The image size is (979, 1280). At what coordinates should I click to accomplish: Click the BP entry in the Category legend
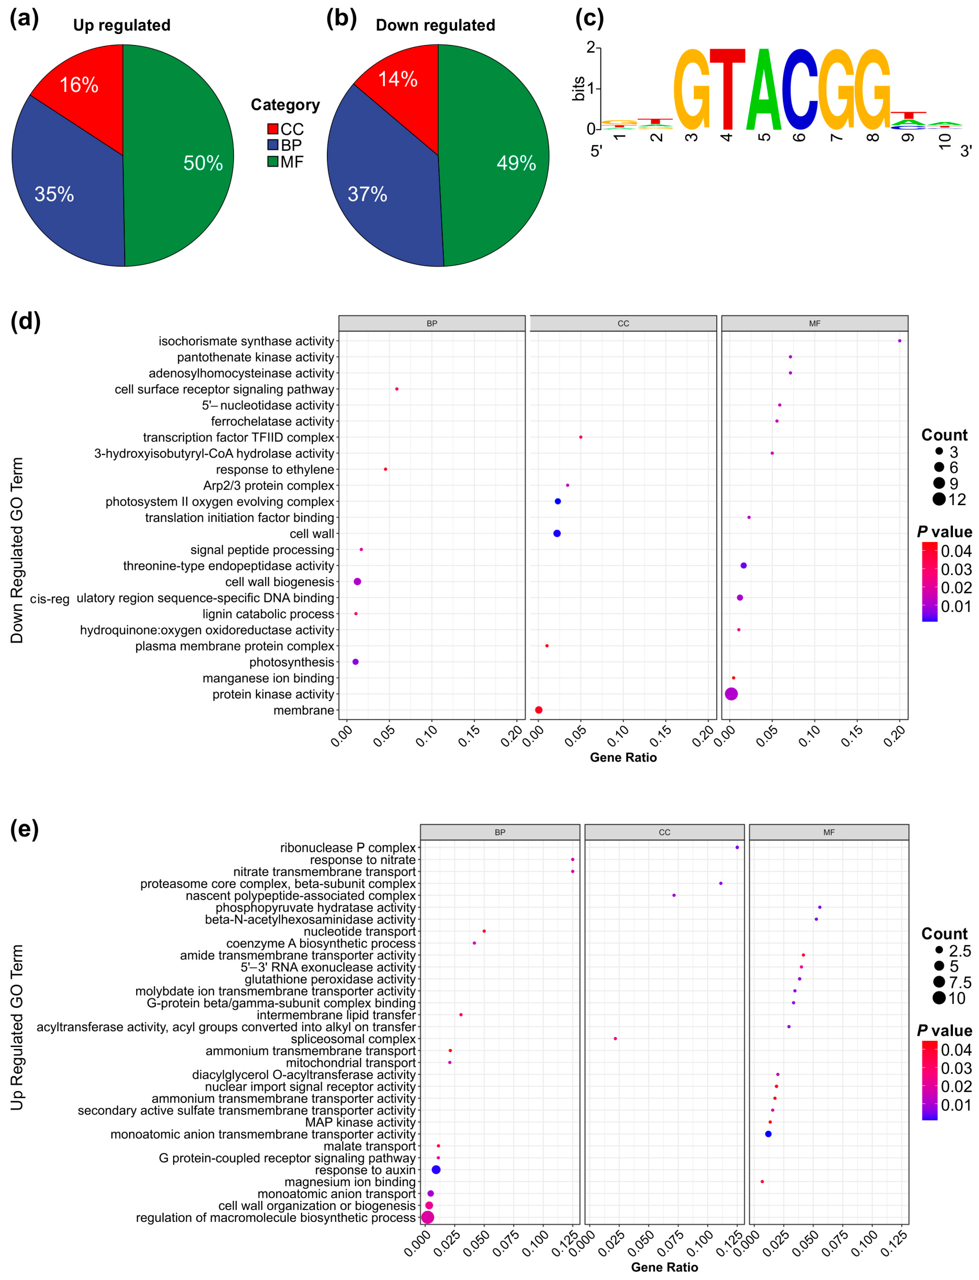pyautogui.click(x=284, y=145)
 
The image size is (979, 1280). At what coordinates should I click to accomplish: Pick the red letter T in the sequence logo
pyautogui.click(x=727, y=90)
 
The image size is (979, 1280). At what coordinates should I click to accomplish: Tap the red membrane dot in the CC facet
pyautogui.click(x=539, y=710)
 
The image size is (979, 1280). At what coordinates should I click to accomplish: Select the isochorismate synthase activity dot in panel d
pyautogui.click(x=899, y=341)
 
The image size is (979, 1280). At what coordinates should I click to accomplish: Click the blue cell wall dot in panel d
pyautogui.click(x=557, y=533)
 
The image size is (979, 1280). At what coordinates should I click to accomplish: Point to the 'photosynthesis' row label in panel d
pyautogui.click(x=291, y=662)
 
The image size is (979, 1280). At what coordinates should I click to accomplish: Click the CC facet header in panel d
pyautogui.click(x=623, y=323)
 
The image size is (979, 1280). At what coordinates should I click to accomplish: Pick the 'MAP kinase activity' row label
pyautogui.click(x=360, y=1122)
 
